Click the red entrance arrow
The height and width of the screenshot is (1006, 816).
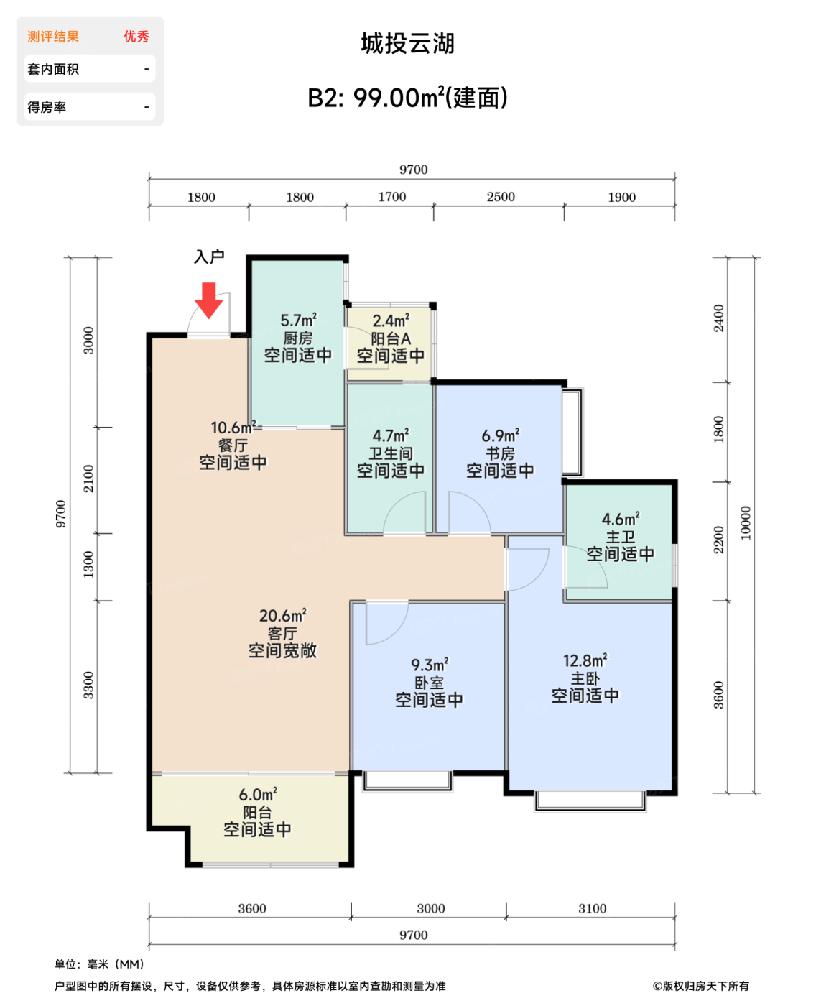point(208,300)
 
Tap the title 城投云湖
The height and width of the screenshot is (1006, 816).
point(408,43)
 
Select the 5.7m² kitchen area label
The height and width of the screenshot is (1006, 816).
point(299,320)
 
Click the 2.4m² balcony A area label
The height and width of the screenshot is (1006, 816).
point(391,320)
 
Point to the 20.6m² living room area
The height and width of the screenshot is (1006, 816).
point(283,615)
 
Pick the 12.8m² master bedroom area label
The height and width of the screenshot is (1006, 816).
point(585,660)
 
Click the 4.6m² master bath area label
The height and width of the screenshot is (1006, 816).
point(621,519)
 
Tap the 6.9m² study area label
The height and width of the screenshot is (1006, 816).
point(500,435)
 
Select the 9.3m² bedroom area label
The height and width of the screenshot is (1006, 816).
point(430,665)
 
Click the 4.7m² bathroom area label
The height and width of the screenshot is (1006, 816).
point(391,435)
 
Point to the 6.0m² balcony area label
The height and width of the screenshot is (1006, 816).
point(258,795)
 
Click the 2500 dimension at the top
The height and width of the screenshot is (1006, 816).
point(501,196)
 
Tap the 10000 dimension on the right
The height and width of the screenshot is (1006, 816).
point(745,523)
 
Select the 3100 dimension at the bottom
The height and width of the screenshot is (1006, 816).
point(593,908)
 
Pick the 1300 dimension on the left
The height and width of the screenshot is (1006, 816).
point(88,564)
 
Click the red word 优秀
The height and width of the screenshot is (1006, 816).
point(136,37)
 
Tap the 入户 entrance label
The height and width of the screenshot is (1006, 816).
point(209,257)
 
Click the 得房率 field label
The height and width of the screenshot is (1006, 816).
point(47,107)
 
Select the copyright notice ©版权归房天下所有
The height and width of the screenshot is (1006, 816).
point(701,986)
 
